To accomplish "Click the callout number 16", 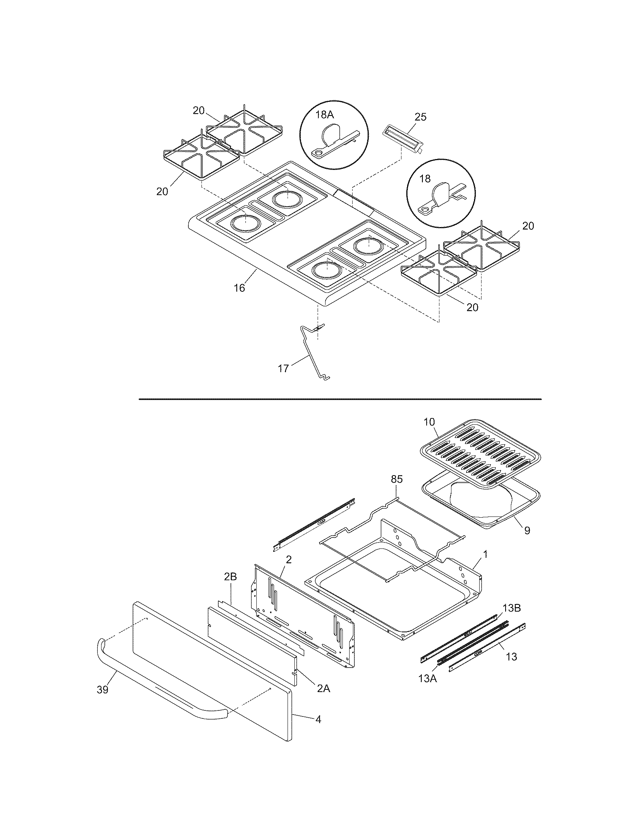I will tap(239, 288).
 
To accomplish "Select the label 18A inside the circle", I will tap(324, 115).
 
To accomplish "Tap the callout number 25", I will tap(420, 117).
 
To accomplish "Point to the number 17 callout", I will tap(283, 368).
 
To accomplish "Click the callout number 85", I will tap(397, 479).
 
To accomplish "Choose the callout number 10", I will tap(429, 422).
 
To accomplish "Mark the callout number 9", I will tap(527, 530).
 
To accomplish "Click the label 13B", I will tap(512, 608).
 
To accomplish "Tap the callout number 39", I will tap(102, 690).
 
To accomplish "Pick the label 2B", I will tap(230, 587).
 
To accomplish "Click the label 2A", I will tap(323, 689).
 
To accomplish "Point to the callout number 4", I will tap(318, 719).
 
